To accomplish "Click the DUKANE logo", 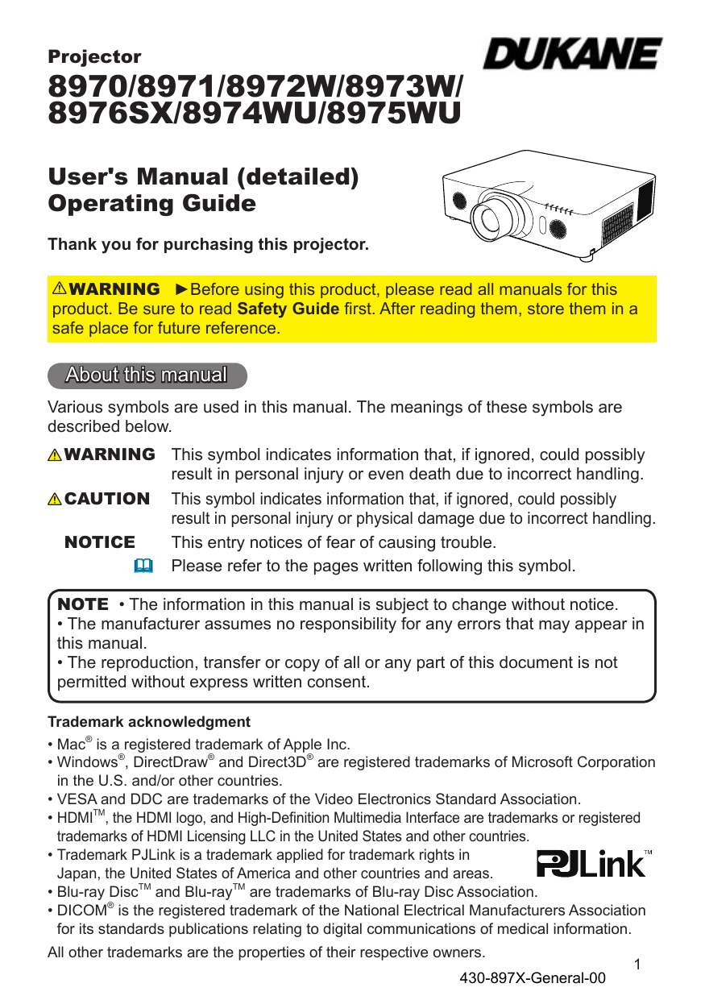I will coord(572,55).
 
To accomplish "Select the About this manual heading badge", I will coord(147,376).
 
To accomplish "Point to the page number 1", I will coord(637,965).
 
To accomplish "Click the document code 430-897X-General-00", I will coord(532,979).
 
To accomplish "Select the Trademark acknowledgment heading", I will coord(149,722).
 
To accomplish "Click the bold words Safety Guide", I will coord(288,309).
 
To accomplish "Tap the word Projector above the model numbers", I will coord(94,57).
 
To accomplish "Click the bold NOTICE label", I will coord(100,542).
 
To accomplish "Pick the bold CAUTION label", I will coord(106,499).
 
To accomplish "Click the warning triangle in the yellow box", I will coord(60,289).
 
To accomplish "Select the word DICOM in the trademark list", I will coord(82,911).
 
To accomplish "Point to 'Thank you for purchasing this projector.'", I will coord(208,244).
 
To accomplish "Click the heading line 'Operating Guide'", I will coord(152,204).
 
